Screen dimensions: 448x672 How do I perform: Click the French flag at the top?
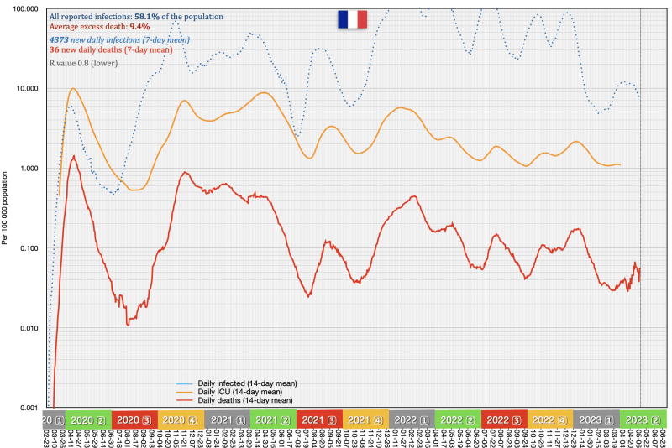(352, 19)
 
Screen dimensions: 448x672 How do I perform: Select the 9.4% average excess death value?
(139, 27)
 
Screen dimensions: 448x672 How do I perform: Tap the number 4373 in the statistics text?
(60, 39)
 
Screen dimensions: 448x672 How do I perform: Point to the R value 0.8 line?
(89, 62)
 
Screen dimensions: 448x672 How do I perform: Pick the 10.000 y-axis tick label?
(26, 89)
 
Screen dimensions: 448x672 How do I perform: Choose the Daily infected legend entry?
(247, 383)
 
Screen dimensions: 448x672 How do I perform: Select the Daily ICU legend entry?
(239, 392)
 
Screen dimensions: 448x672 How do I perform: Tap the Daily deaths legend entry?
(244, 400)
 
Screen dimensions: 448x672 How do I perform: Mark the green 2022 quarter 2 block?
(458, 419)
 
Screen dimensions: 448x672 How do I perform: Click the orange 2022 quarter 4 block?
(550, 419)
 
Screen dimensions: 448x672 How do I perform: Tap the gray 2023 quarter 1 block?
(596, 419)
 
